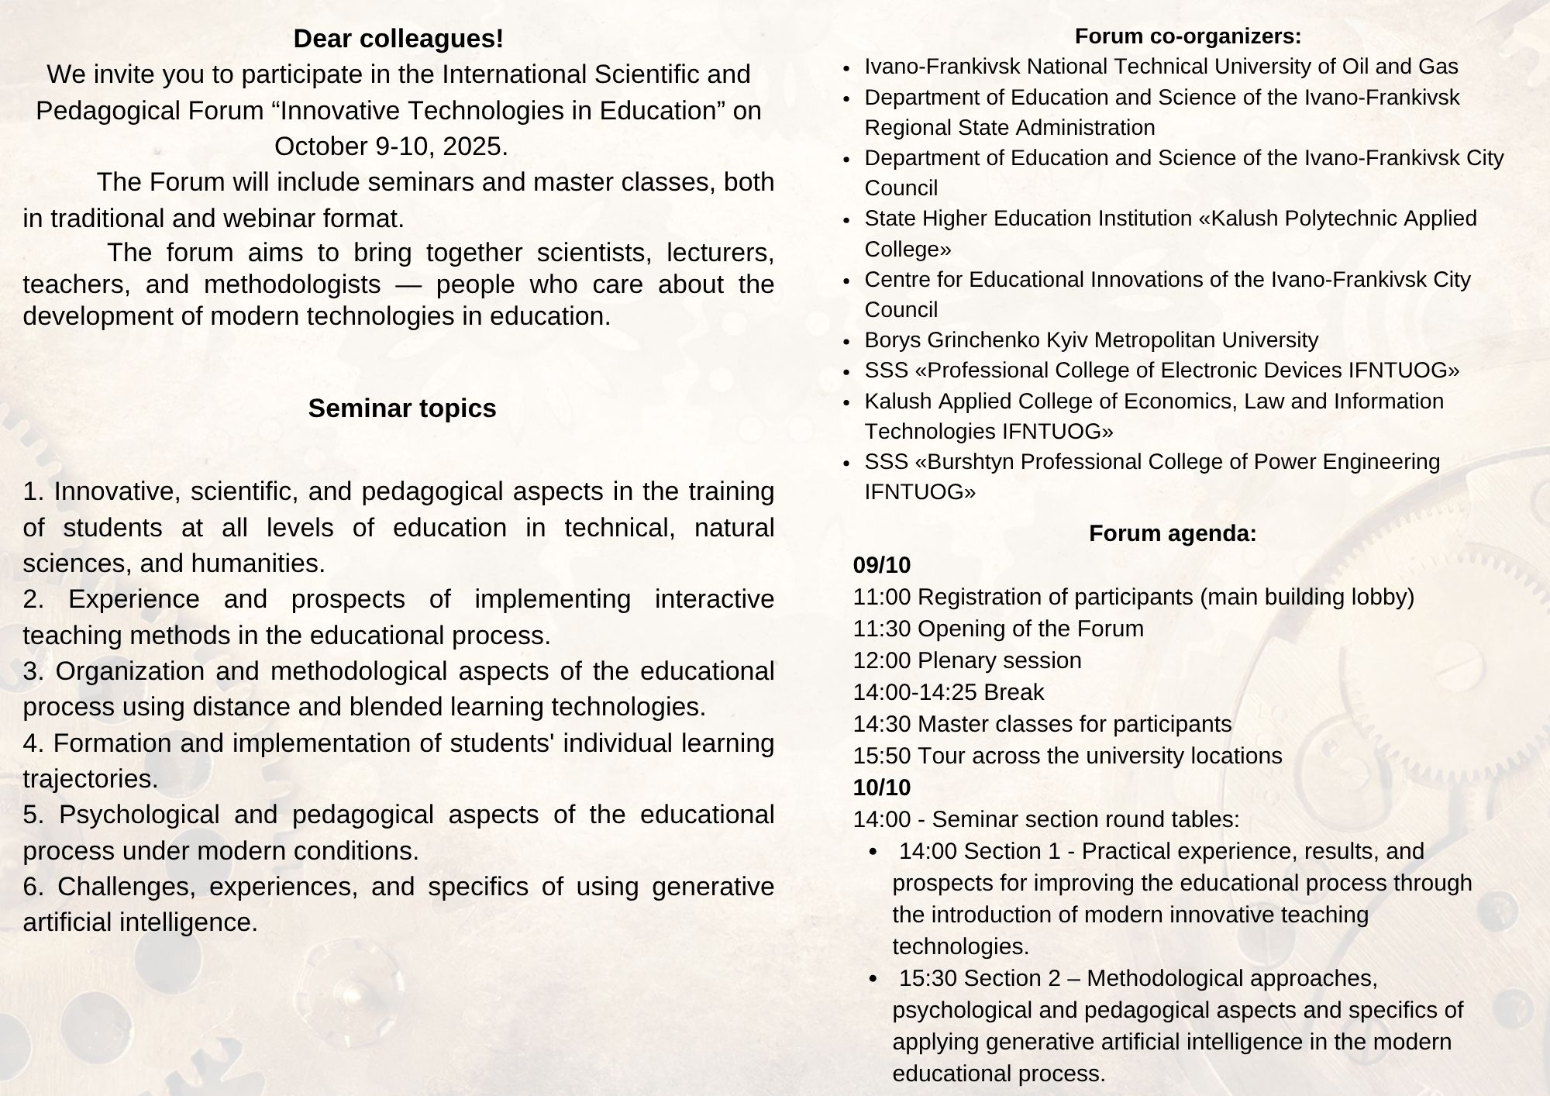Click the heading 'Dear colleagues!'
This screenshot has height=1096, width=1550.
398,39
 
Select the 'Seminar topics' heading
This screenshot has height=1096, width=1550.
401,408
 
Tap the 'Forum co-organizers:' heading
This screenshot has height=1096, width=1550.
1187,36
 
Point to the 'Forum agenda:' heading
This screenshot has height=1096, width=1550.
1173,533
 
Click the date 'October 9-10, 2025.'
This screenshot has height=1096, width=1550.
391,146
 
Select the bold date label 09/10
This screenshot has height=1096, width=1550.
881,565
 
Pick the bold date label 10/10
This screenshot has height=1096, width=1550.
881,788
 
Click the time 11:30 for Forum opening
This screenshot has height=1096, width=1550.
882,629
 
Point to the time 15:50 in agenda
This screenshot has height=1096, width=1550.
882,756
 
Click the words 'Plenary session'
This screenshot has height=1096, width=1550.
999,660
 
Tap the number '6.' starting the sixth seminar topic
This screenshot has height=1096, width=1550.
33,887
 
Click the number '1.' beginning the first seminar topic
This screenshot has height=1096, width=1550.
33,491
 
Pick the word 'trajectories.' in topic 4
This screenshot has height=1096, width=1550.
91,779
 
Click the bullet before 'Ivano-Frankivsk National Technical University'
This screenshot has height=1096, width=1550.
847,68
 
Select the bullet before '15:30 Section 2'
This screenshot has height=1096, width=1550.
874,980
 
